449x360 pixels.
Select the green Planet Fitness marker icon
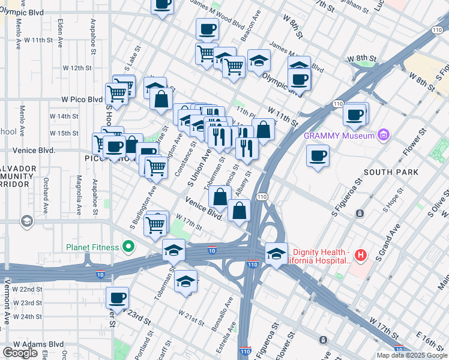pyautogui.click(x=128, y=247)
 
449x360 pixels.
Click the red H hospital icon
pyautogui.click(x=360, y=256)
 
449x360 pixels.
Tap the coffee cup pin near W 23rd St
pyautogui.click(x=117, y=298)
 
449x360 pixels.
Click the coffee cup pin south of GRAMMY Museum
pyautogui.click(x=318, y=156)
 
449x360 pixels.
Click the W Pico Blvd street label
pyautogui.click(x=82, y=100)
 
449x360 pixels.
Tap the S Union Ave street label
pyautogui.click(x=200, y=167)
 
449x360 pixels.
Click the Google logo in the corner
pyautogui.click(x=20, y=353)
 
